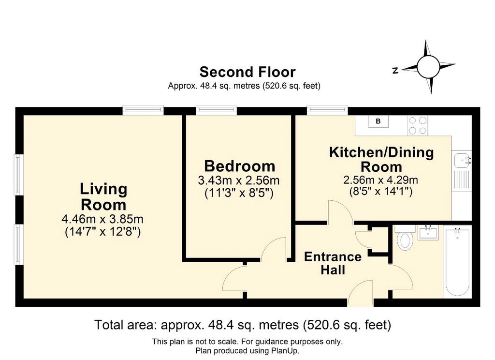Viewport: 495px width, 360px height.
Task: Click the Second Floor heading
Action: click(x=247, y=72)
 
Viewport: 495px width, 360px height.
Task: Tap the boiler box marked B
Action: click(x=378, y=121)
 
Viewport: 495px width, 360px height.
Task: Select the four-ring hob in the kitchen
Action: click(x=417, y=125)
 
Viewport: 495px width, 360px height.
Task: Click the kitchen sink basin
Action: click(x=462, y=161)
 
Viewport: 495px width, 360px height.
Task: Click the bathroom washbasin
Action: click(x=429, y=233)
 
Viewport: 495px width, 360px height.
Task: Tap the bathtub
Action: click(x=457, y=262)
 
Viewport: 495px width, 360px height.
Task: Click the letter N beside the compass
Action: click(x=395, y=71)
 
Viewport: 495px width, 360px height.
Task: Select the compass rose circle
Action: click(x=428, y=67)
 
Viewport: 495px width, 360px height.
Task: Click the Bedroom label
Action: click(x=240, y=166)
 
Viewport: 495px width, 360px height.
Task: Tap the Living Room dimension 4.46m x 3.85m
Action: click(x=102, y=219)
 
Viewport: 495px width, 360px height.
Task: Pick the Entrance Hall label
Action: click(x=333, y=263)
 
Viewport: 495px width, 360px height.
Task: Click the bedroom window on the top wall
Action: click(x=216, y=110)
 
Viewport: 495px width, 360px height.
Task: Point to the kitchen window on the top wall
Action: click(x=327, y=110)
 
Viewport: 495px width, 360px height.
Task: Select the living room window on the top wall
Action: click(x=143, y=110)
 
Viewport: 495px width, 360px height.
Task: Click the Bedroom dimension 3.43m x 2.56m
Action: click(x=239, y=180)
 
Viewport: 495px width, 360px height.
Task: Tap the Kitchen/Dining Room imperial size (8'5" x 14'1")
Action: click(x=381, y=192)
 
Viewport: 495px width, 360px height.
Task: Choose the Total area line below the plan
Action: click(x=243, y=325)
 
